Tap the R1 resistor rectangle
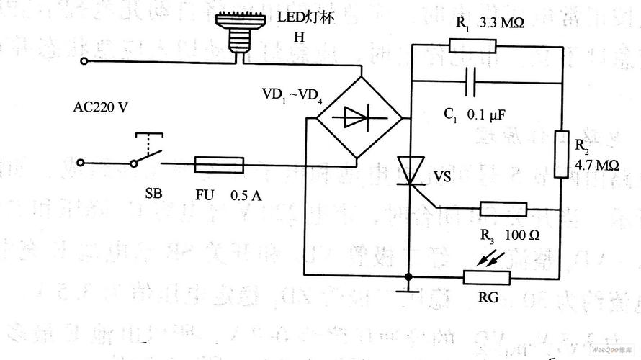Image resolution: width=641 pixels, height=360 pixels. (472, 46)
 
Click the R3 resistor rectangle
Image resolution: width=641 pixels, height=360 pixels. (503, 210)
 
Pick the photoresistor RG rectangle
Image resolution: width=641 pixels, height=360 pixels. (486, 277)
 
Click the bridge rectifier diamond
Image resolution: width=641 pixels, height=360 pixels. (359, 117)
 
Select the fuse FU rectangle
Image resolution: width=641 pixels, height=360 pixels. (219, 166)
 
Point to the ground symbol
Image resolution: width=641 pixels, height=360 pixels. (409, 289)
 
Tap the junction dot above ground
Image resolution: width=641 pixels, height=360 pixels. (409, 276)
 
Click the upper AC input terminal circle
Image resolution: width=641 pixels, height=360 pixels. (84, 62)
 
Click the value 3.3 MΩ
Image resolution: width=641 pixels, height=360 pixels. (503, 23)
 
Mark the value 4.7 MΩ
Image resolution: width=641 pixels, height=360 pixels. (597, 166)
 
